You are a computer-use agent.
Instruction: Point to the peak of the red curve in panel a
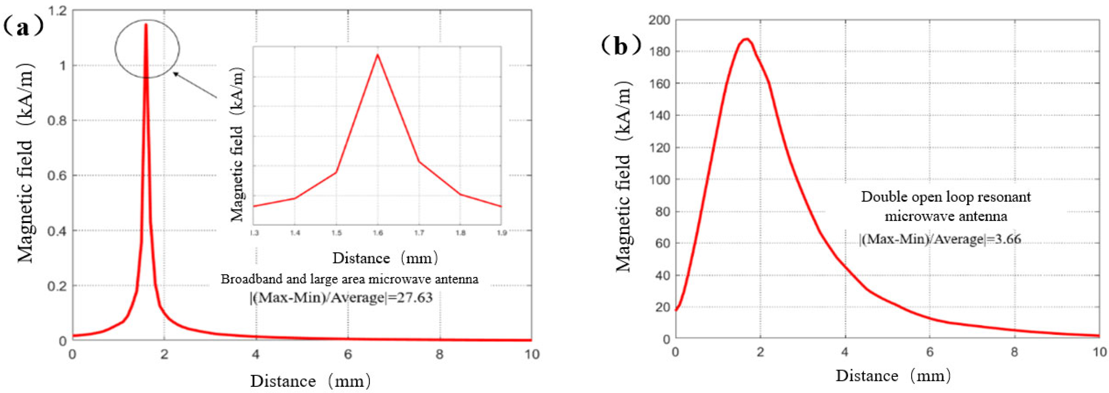point(146,24)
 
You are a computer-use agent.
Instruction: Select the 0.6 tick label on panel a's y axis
point(57,176)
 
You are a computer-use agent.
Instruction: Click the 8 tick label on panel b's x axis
point(1015,352)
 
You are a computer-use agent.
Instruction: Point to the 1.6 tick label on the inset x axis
point(378,233)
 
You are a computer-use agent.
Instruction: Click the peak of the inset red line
point(378,54)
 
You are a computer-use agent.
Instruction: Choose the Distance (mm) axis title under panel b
point(893,376)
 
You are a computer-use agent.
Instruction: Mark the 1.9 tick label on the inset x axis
point(501,233)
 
